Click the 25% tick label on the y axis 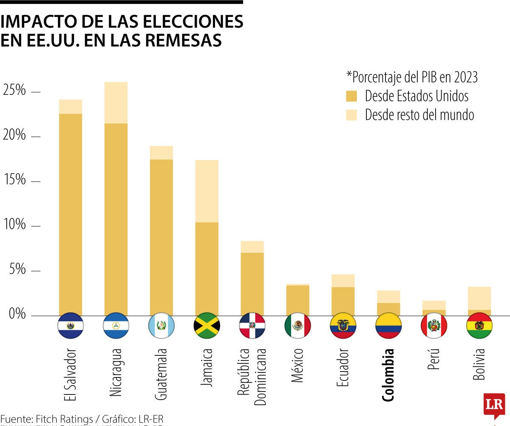14,91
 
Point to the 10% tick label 14,225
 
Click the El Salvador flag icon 71,326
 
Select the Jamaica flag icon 207,326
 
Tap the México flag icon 297,326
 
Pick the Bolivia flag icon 479,326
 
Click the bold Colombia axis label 388,375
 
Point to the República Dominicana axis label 252,377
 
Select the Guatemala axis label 161,374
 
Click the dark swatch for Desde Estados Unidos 351,96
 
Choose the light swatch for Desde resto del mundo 351,115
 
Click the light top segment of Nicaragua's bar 116,103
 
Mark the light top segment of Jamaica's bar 207,191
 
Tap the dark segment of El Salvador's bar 71,214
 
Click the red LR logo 494,405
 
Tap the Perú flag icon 433,326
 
